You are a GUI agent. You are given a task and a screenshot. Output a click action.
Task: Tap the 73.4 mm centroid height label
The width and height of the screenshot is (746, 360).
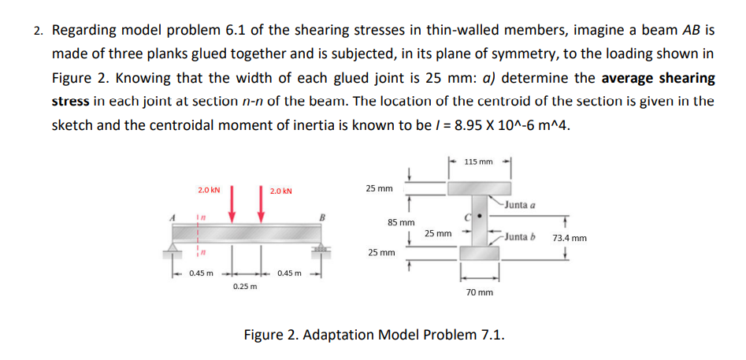click(x=570, y=238)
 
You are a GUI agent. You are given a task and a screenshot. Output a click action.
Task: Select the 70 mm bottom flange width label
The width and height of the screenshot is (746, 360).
click(x=480, y=291)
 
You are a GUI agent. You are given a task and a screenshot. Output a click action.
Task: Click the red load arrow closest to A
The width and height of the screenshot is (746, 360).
click(x=232, y=206)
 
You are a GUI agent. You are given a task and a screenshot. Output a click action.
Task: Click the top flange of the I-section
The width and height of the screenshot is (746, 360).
click(x=480, y=187)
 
